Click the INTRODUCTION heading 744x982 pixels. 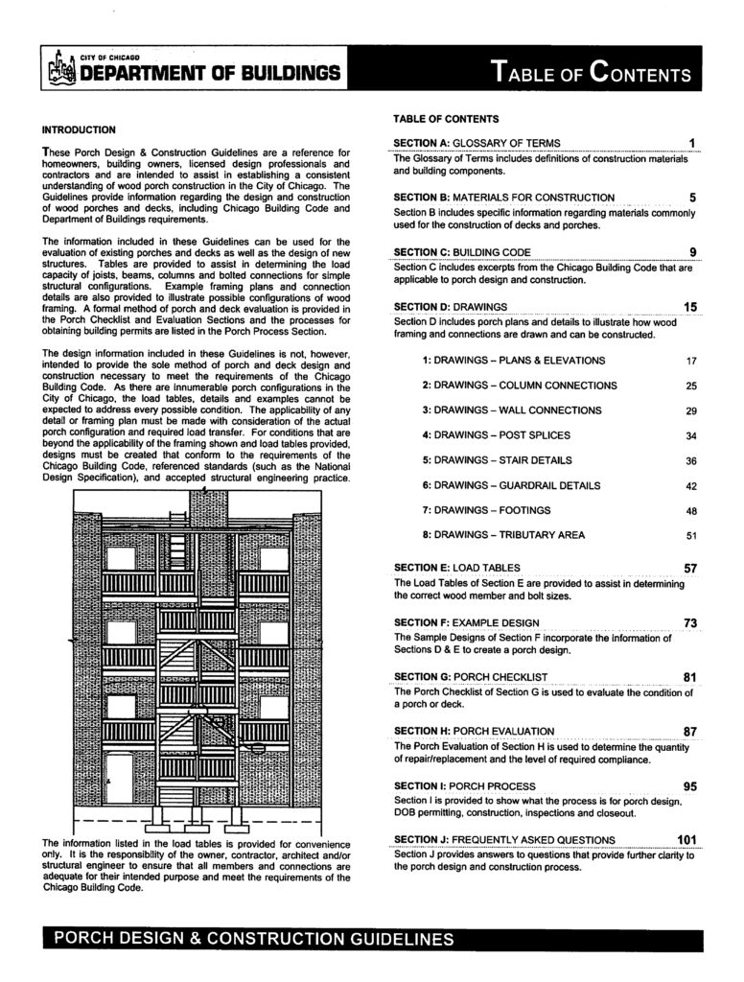80,129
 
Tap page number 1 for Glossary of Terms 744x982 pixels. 691,144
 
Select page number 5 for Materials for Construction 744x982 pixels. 691,199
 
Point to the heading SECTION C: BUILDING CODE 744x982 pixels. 461,252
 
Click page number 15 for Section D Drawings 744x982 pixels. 689,307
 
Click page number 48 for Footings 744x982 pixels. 690,511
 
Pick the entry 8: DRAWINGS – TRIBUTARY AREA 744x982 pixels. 503,535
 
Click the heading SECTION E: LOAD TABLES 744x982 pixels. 457,568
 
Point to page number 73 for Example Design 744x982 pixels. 689,623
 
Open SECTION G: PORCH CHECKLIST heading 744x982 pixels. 471,677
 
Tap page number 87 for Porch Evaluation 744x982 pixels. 689,732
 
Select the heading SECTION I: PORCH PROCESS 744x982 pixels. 465,786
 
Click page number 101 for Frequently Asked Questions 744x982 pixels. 686,841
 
